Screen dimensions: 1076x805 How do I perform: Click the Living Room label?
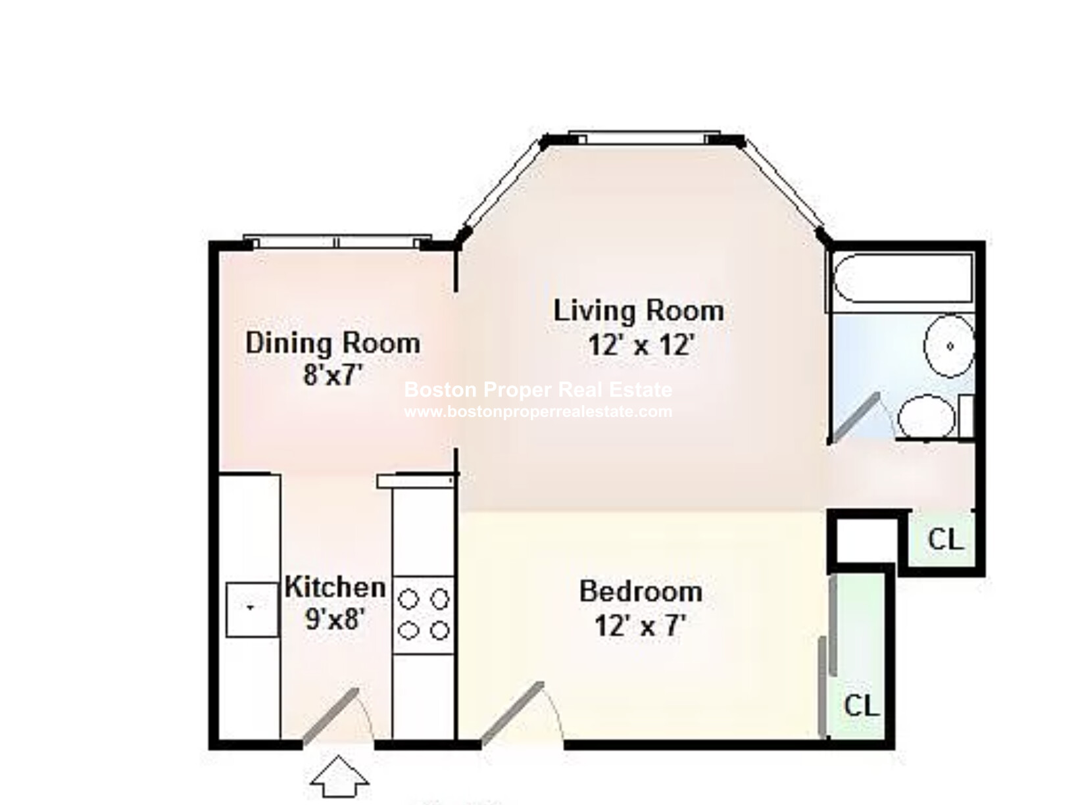coord(639,311)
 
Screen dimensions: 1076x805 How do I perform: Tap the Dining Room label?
coord(333,343)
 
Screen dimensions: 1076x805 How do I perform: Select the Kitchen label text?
coord(335,587)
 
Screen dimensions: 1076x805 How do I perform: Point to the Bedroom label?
coord(641,591)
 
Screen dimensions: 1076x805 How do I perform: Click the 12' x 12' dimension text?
coord(641,345)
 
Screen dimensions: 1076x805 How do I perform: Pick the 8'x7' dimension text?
coord(333,376)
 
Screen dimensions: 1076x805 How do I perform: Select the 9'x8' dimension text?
coord(335,620)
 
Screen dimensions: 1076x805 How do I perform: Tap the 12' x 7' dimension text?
coord(640,625)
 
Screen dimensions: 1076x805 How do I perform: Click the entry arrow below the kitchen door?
coord(339,777)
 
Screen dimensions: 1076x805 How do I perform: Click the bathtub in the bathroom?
coord(903,278)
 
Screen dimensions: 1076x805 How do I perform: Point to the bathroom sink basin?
coord(949,347)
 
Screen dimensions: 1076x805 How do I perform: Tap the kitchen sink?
coord(252,610)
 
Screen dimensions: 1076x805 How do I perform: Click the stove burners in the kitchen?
coord(424,614)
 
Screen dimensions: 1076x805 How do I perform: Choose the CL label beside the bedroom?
coord(862,706)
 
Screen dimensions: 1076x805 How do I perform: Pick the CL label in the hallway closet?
coord(946,539)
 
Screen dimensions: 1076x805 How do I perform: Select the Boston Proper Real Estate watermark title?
coord(538,390)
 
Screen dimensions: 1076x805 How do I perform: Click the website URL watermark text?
coord(538,412)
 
